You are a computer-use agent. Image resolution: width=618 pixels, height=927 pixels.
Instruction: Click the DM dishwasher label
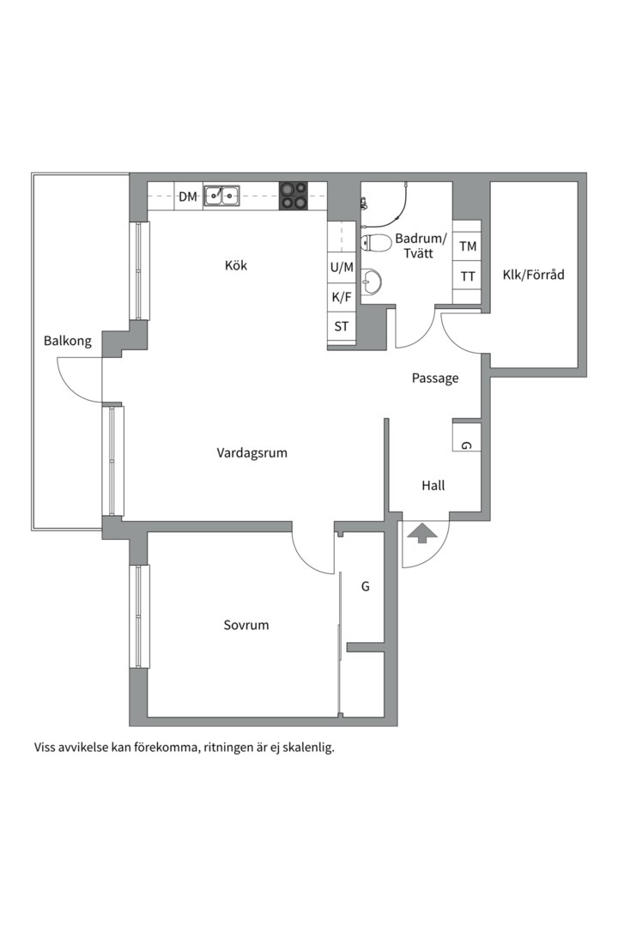pos(188,197)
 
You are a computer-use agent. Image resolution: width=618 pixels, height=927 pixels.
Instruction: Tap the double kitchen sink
pos(221,195)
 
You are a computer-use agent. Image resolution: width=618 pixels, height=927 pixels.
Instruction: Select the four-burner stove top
pos(294,195)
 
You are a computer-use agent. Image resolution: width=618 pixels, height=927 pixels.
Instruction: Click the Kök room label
pos(236,265)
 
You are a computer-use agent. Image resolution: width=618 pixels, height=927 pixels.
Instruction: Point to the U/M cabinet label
pos(342,267)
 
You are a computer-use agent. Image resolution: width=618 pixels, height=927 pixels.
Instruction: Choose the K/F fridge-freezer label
pos(342,297)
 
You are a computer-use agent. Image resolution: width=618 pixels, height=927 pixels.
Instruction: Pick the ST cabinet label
pos(342,326)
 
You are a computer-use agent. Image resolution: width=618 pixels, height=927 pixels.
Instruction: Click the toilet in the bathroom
pos(376,243)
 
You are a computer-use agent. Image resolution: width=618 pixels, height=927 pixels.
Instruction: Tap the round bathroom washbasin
pos(372,282)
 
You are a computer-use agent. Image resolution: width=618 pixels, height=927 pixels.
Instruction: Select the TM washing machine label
pos(468,246)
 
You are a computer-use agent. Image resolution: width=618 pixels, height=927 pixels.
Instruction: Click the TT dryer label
pos(468,276)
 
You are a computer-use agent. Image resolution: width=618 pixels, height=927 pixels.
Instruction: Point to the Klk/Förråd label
pos(533,275)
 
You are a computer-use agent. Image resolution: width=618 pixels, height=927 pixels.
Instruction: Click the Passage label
pos(435,379)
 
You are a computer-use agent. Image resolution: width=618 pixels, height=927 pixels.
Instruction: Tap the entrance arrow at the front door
pos(421,533)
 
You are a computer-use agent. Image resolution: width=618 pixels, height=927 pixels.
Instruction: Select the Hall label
pos(433,486)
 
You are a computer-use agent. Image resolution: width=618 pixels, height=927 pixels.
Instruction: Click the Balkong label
pos(68,341)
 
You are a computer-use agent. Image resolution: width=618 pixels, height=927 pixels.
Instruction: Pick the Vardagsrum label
pos(252,453)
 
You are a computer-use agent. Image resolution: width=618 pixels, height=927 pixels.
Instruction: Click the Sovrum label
pos(246,625)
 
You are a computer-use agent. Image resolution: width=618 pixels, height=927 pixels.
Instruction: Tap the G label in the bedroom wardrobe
pos(366,586)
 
